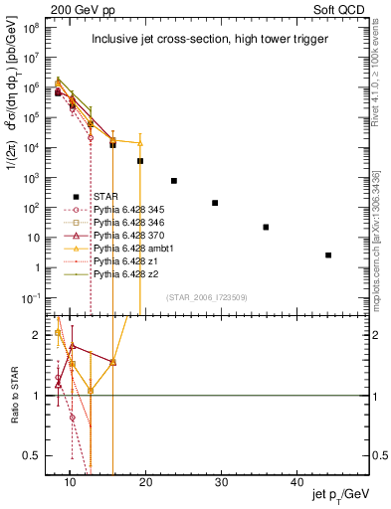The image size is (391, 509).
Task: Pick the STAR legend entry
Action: point(111,196)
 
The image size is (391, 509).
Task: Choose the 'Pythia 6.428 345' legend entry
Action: point(132,210)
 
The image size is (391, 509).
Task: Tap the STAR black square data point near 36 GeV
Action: point(266,227)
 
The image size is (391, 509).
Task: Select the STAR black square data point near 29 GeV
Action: point(215,203)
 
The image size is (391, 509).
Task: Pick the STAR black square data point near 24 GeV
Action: point(174,181)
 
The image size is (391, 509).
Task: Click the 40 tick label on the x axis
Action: point(297,481)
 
